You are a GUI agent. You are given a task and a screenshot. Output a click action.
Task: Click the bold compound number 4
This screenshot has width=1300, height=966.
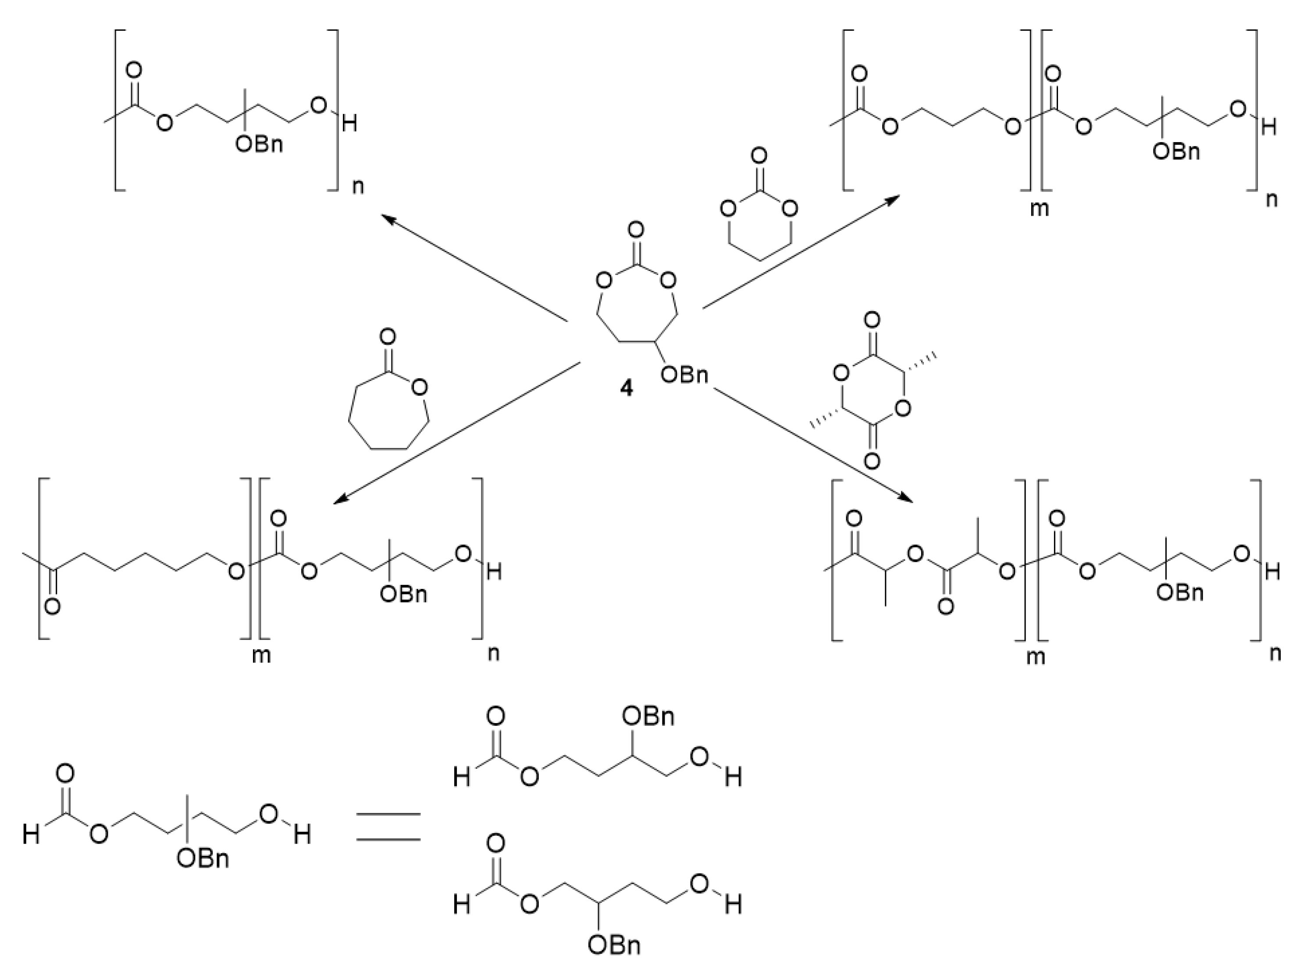(626, 388)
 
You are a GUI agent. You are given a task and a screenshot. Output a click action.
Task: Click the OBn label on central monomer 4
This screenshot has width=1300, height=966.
(684, 375)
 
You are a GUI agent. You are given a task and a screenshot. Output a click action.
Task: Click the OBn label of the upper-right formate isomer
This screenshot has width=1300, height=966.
(648, 716)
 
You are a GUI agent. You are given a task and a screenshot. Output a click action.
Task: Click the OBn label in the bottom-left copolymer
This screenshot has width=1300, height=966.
(403, 594)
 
